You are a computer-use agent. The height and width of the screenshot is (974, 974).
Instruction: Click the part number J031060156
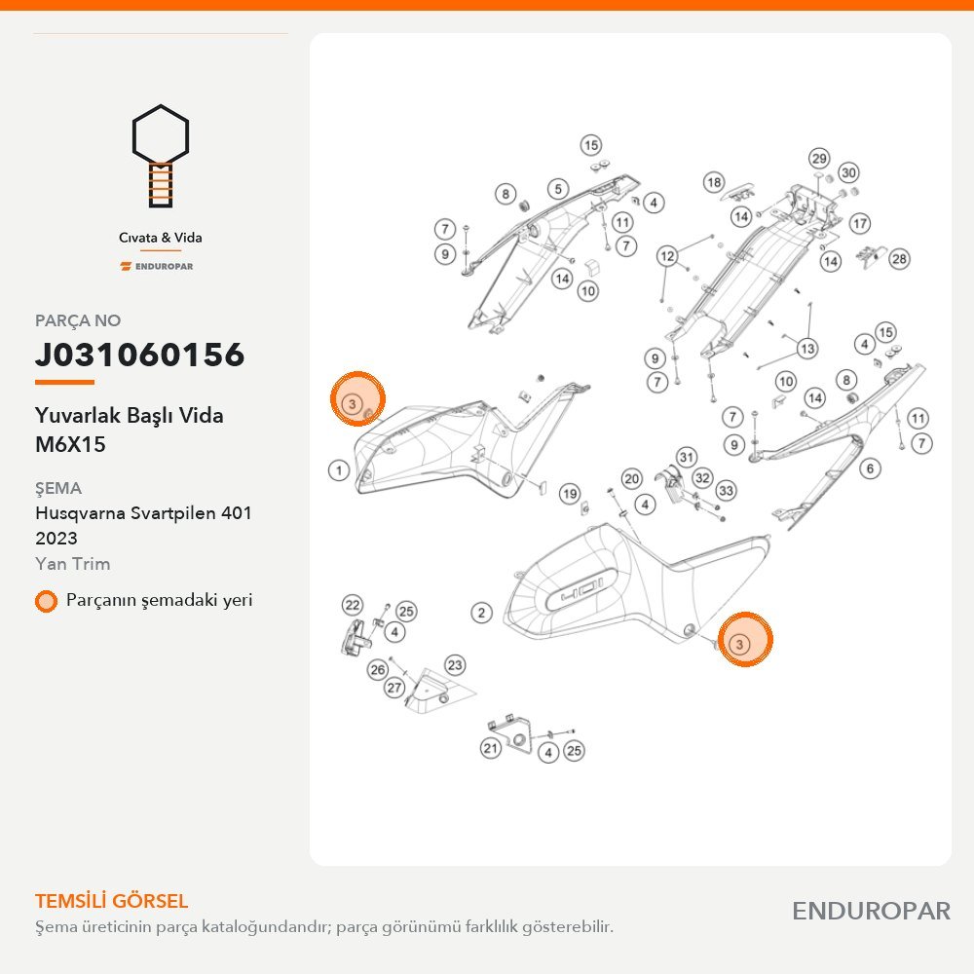pyautogui.click(x=139, y=355)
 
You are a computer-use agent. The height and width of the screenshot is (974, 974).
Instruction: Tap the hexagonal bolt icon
pyautogui.click(x=161, y=155)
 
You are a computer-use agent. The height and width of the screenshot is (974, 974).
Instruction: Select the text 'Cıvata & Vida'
pyautogui.click(x=161, y=238)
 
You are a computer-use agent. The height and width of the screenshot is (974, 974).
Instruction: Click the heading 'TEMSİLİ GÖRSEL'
pyautogui.click(x=112, y=901)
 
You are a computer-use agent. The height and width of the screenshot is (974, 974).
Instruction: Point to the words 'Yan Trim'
pyautogui.click(x=73, y=563)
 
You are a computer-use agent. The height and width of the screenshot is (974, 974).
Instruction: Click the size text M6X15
pyautogui.click(x=70, y=444)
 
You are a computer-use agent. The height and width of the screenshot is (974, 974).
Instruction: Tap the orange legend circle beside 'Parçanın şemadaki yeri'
pyautogui.click(x=46, y=601)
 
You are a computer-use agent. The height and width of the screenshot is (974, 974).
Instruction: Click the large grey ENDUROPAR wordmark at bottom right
pyautogui.click(x=871, y=911)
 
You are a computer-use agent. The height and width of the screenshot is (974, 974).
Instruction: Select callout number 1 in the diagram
pyautogui.click(x=339, y=470)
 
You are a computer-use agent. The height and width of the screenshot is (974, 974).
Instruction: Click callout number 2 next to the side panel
pyautogui.click(x=481, y=613)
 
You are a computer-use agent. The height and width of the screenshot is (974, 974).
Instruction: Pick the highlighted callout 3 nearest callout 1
pyautogui.click(x=353, y=404)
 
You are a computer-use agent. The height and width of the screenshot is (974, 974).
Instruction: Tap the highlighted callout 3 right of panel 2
pyautogui.click(x=739, y=644)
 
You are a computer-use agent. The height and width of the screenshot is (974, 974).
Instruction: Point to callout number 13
pyautogui.click(x=807, y=349)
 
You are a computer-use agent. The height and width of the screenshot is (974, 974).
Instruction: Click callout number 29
pyautogui.click(x=819, y=159)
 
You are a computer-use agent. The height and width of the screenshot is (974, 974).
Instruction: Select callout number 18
pyautogui.click(x=714, y=182)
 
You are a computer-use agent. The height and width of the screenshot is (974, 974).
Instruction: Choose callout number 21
pyautogui.click(x=491, y=748)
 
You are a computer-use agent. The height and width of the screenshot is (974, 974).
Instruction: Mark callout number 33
pyautogui.click(x=726, y=491)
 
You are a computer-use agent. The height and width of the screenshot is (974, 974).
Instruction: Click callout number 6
pyautogui.click(x=870, y=468)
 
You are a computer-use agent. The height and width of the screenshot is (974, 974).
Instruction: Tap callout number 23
pyautogui.click(x=455, y=665)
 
